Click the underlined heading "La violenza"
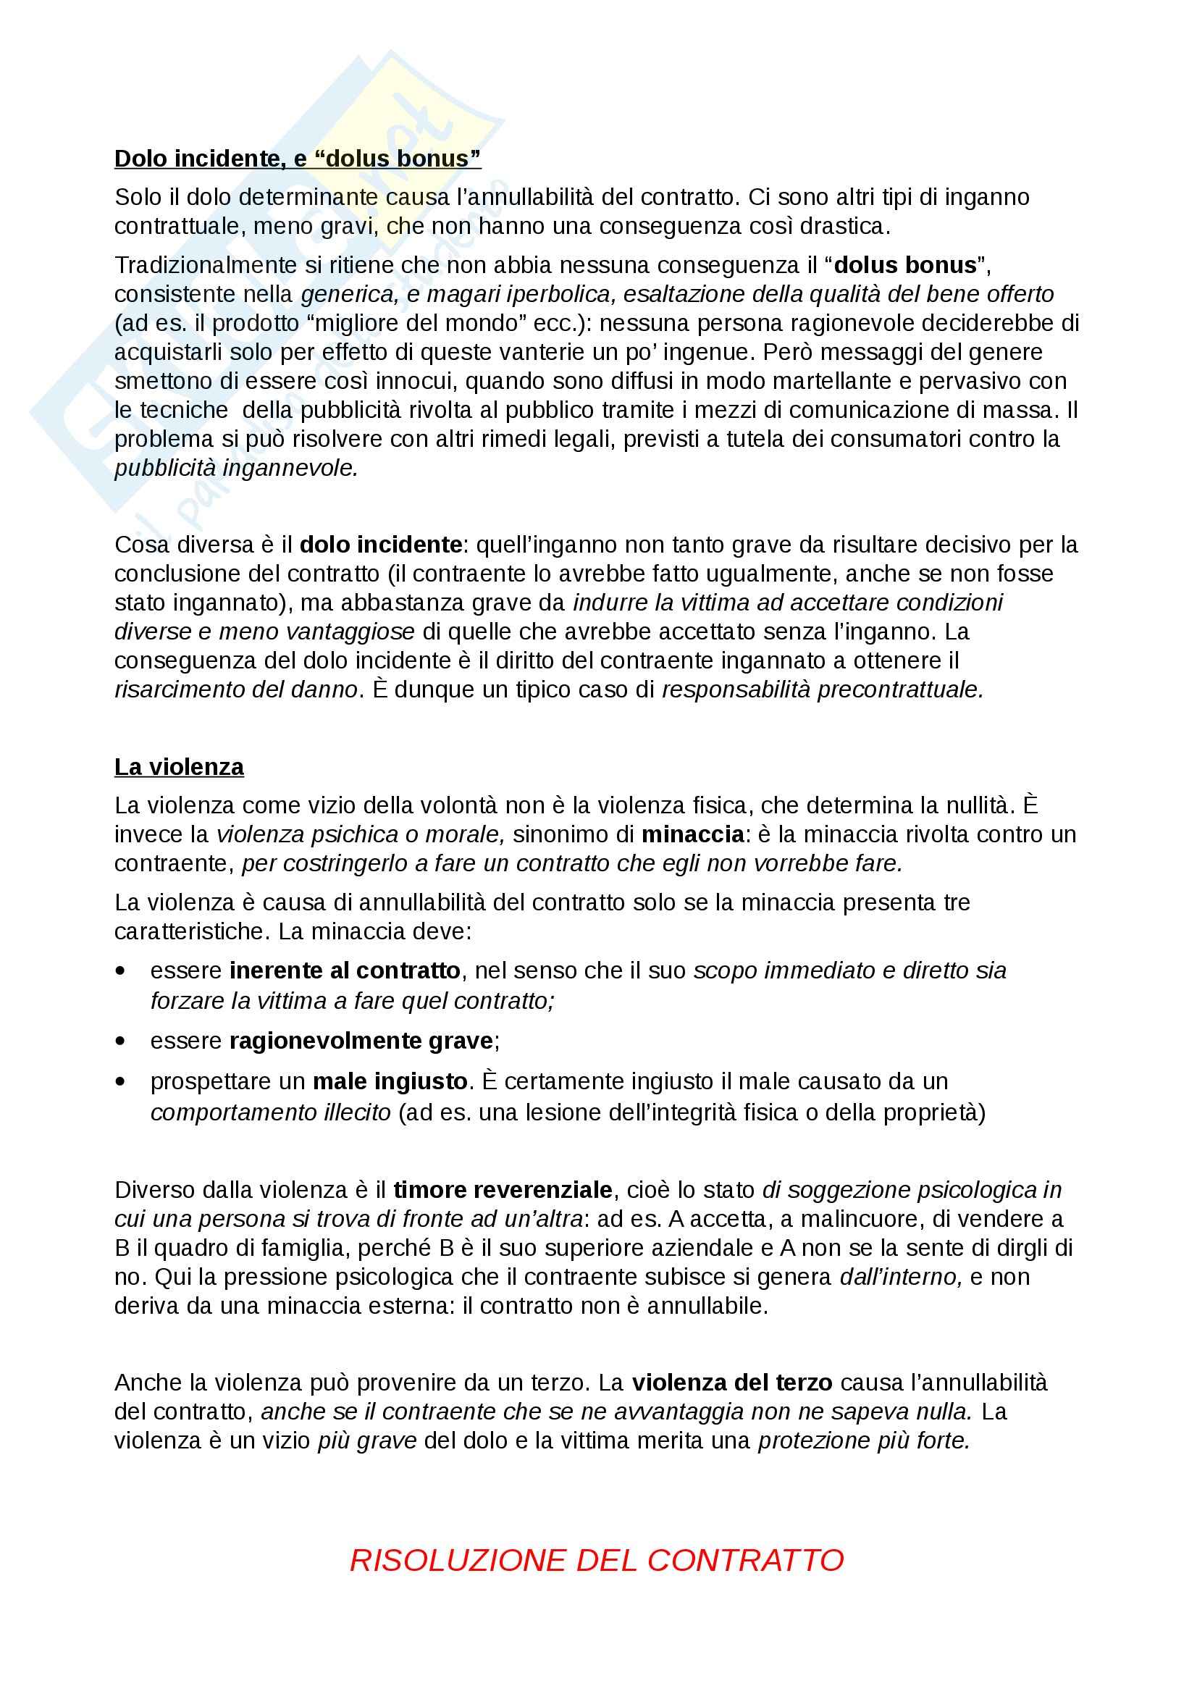coord(178,766)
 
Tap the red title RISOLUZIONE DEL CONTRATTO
coord(597,1560)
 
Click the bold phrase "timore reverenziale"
coord(503,1189)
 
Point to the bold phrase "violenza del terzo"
coord(731,1382)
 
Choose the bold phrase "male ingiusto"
coord(390,1081)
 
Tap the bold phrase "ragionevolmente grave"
coord(361,1040)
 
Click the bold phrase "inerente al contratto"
coord(345,970)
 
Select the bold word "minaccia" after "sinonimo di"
coord(692,834)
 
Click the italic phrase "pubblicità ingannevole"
coord(235,468)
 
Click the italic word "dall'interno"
coord(901,1276)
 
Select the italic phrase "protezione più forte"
coord(863,1441)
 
